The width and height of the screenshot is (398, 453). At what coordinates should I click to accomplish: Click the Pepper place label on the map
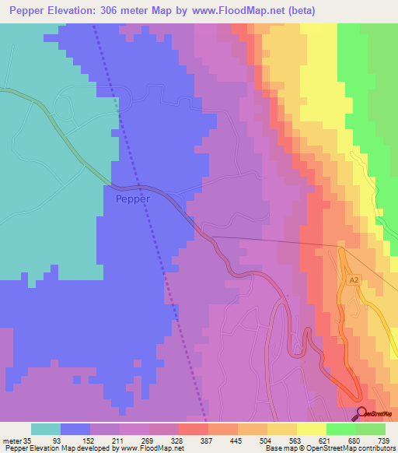(132, 198)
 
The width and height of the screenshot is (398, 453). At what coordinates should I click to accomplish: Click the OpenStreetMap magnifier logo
(361, 413)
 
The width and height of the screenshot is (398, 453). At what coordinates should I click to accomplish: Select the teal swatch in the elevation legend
(46, 429)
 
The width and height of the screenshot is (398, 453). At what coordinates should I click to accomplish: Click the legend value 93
(75, 440)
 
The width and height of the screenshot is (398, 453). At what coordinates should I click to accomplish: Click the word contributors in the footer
(376, 449)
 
